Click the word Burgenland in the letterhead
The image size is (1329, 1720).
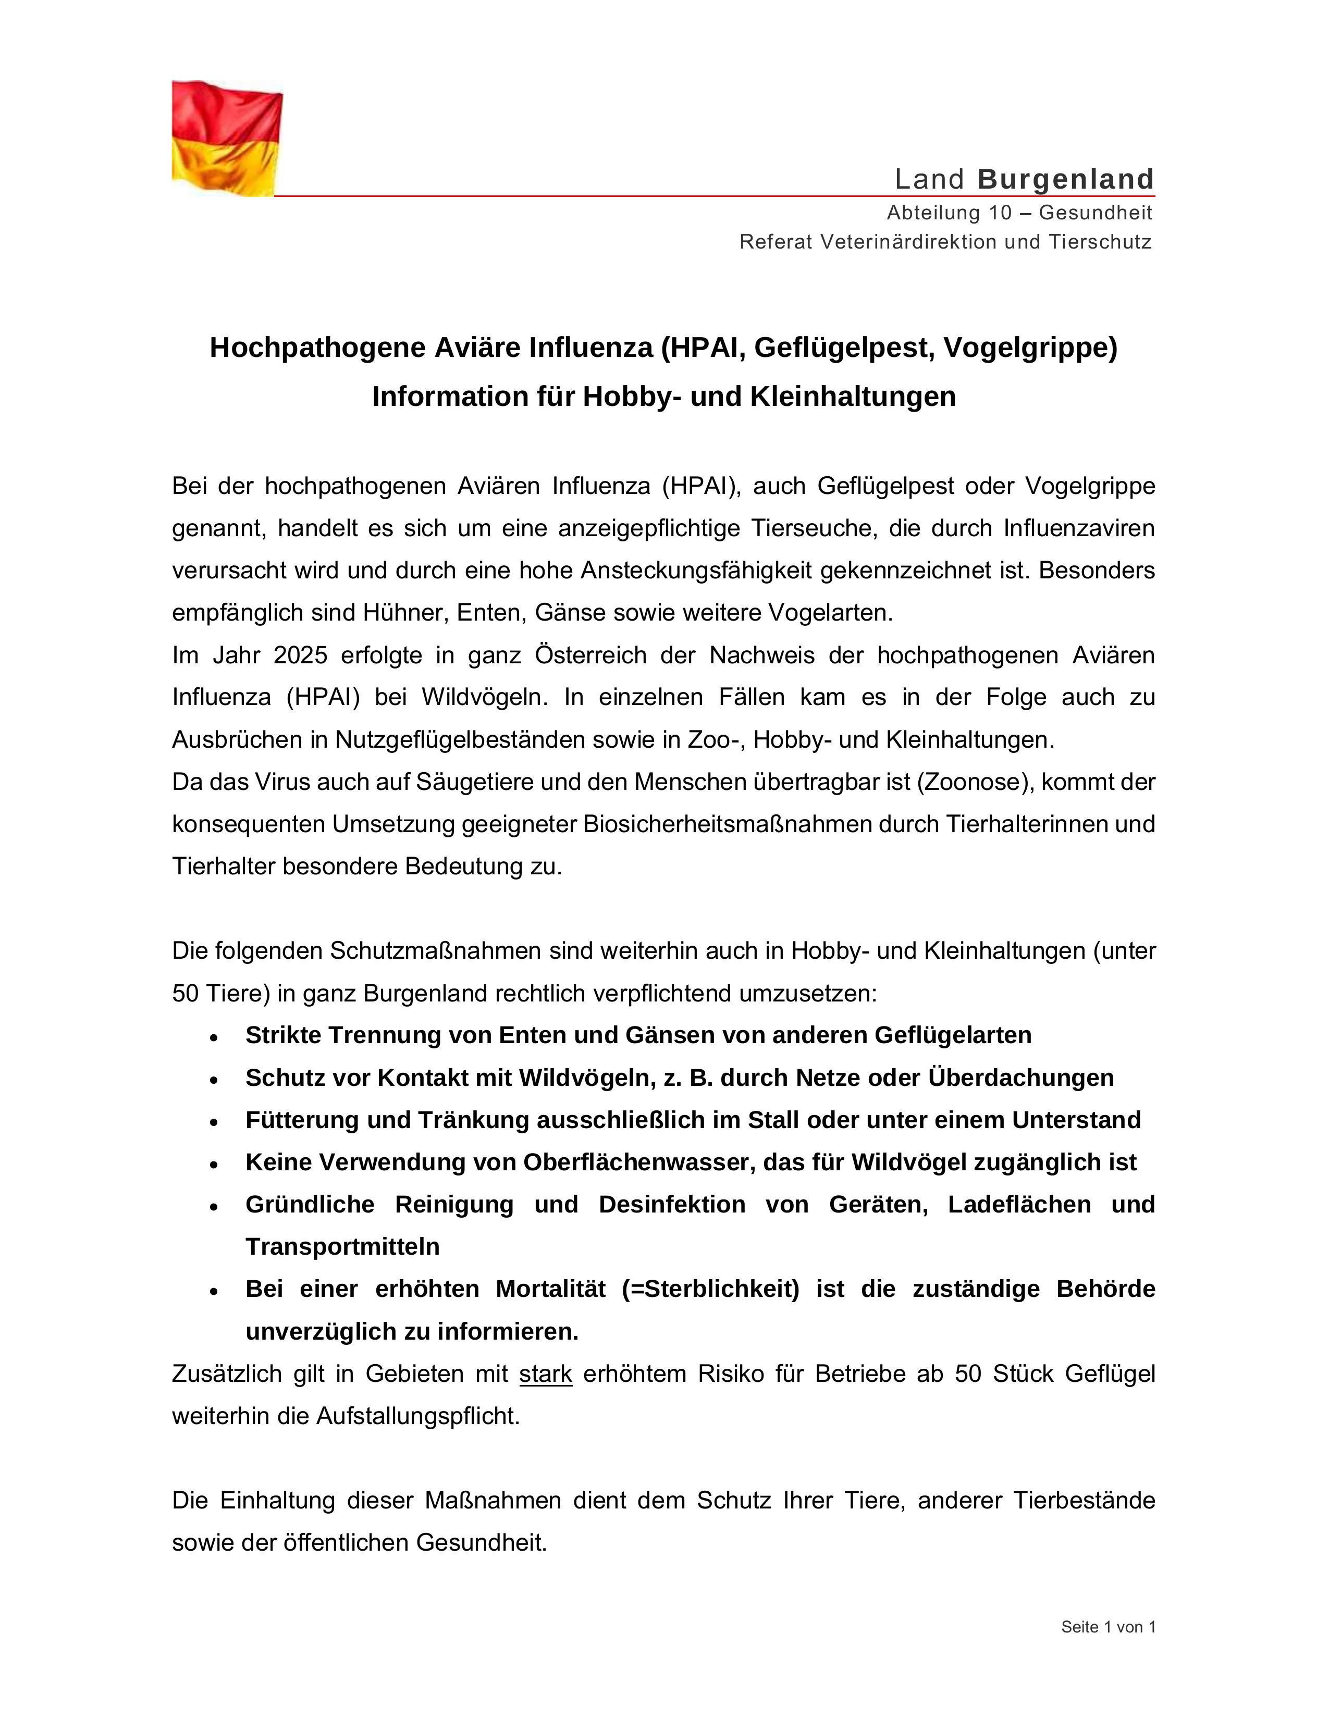coord(1066,180)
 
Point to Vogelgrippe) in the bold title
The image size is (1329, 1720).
coord(1030,348)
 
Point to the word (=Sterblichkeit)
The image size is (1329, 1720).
coord(710,1289)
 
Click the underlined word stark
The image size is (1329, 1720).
coord(545,1373)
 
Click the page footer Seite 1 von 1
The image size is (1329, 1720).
coord(1107,1621)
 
